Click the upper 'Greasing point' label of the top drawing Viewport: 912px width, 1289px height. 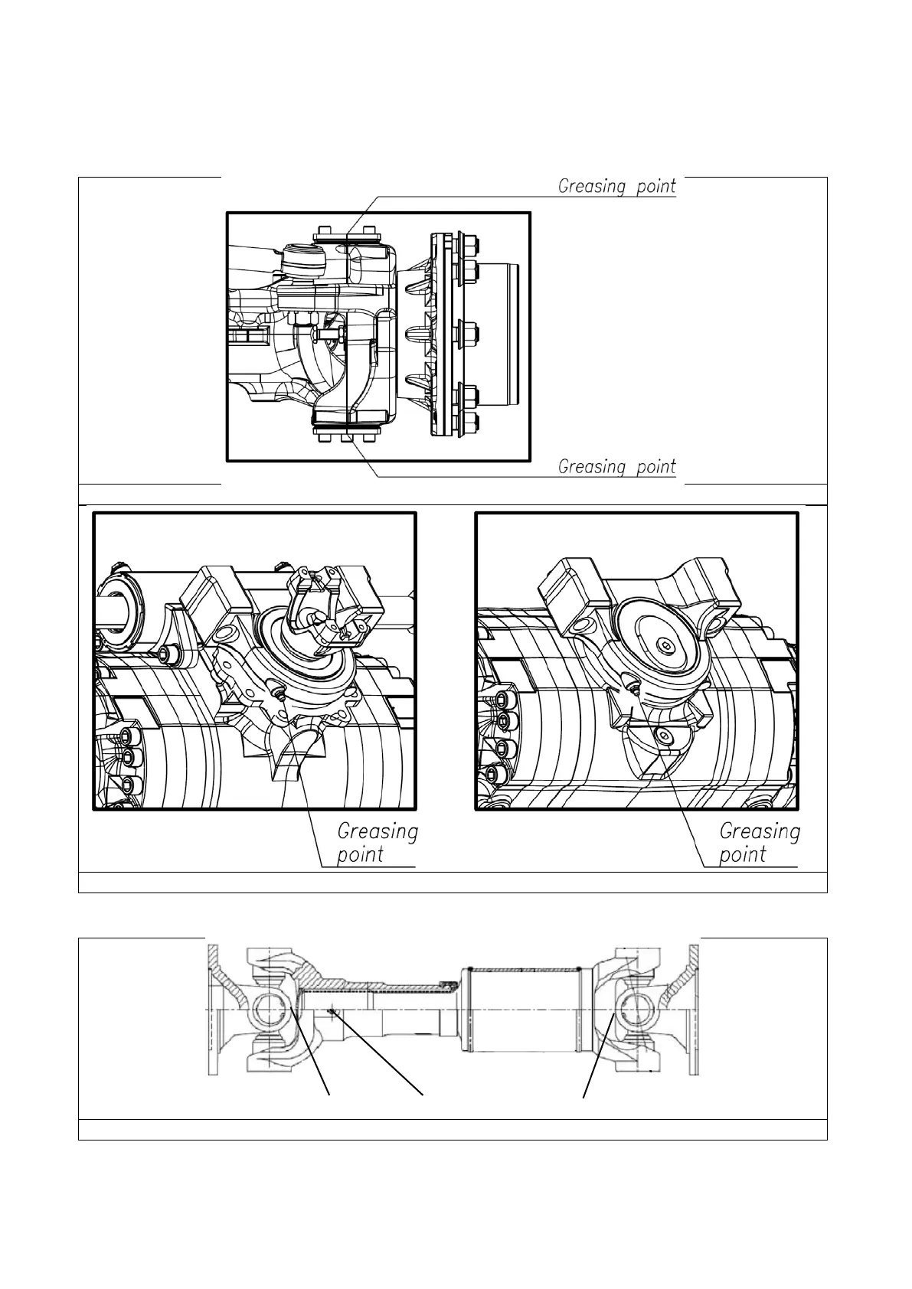point(617,186)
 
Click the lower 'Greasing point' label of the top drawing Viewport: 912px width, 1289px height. point(617,466)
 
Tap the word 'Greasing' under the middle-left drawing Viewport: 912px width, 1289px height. point(378,832)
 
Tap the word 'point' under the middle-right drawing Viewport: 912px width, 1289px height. point(743,854)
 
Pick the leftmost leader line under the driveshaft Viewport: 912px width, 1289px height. point(310,1052)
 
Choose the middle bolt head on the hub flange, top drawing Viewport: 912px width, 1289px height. point(468,334)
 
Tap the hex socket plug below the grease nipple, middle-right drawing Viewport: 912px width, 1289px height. point(663,736)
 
